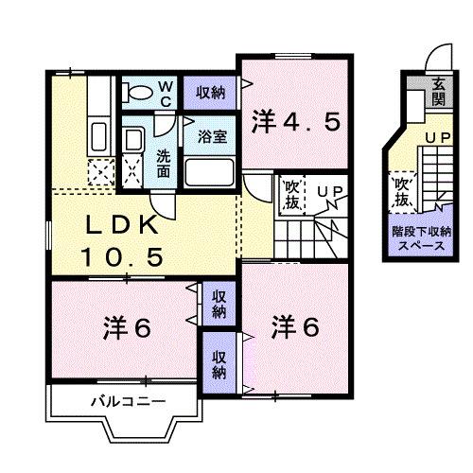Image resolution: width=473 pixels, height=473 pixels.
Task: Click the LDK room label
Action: tap(122, 225)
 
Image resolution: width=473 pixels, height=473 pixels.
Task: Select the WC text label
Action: tap(166, 94)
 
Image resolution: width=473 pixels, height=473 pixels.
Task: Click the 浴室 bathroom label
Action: tap(213, 136)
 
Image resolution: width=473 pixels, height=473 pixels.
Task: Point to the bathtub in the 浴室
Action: tap(209, 172)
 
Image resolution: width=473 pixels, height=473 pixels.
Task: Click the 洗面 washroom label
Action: tap(164, 164)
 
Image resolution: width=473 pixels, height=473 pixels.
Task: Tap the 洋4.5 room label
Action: tap(296, 123)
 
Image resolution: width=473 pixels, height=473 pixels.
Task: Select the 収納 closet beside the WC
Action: tap(210, 93)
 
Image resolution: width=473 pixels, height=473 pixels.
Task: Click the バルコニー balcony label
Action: tap(128, 402)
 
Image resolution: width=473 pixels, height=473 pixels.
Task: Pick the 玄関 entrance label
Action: tap(439, 91)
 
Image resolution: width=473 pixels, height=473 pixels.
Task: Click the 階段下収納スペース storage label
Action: tap(421, 238)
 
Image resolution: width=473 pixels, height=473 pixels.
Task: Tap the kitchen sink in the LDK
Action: tap(99, 137)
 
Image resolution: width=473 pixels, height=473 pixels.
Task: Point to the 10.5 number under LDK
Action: tap(123, 256)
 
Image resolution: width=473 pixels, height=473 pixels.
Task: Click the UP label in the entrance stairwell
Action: tap(438, 137)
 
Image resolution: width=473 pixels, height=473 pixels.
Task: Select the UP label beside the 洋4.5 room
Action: tap(329, 191)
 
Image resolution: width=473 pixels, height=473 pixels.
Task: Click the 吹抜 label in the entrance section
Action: tap(401, 191)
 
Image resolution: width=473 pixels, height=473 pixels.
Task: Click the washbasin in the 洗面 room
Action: tap(133, 140)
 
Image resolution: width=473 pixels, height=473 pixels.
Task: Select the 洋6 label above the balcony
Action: tap(127, 328)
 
